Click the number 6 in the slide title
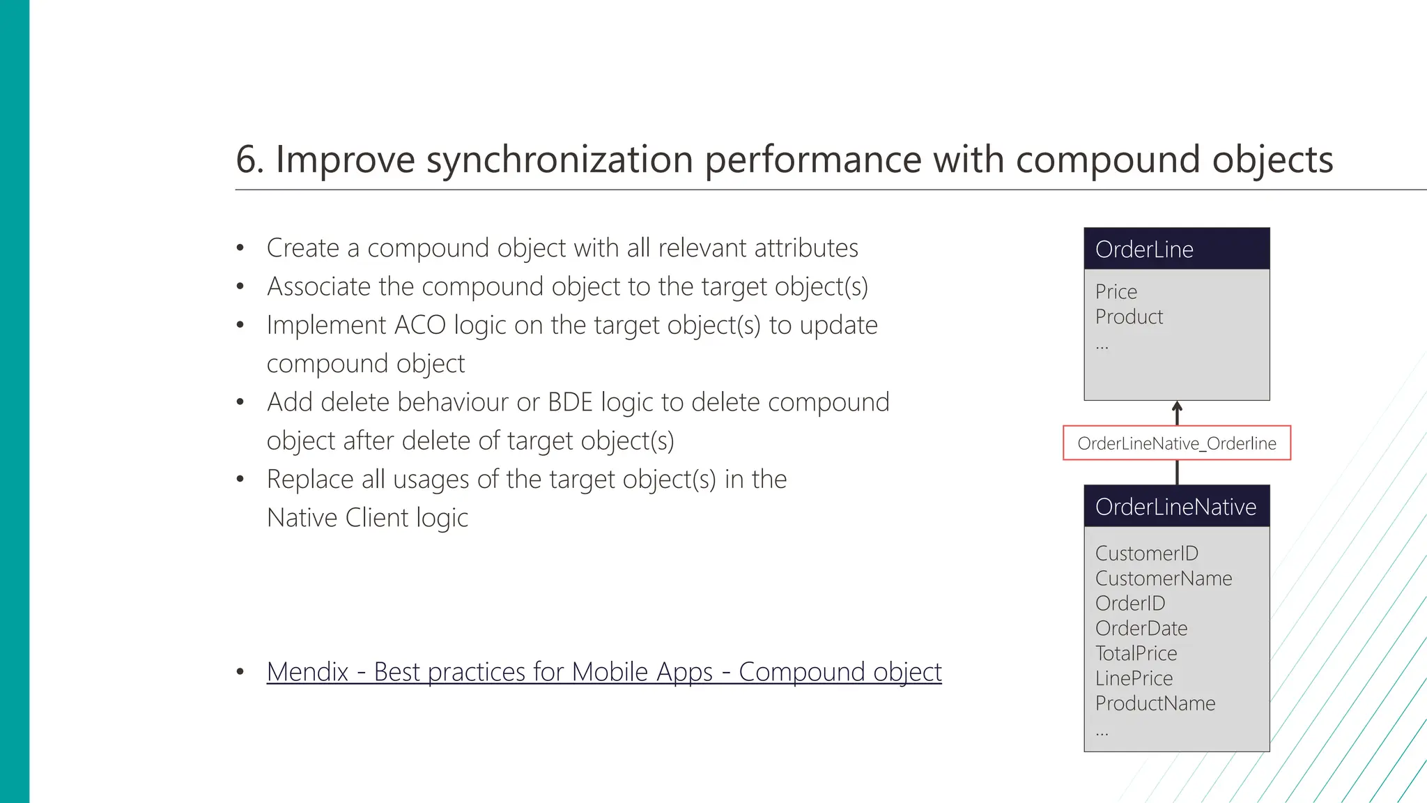pyautogui.click(x=246, y=160)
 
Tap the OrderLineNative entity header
pyautogui.click(x=1176, y=507)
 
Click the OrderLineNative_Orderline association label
pyautogui.click(x=1176, y=443)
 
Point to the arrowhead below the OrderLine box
pyautogui.click(x=1177, y=406)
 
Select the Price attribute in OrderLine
pyautogui.click(x=1116, y=291)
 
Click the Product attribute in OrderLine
pyautogui.click(x=1129, y=316)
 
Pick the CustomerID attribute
pyautogui.click(x=1146, y=553)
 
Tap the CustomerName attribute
pyautogui.click(x=1163, y=579)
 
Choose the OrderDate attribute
pyautogui.click(x=1141, y=629)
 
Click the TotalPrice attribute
pyautogui.click(x=1136, y=654)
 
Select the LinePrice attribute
pyautogui.click(x=1134, y=679)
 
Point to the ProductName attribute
pyautogui.click(x=1155, y=704)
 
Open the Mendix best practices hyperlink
pyautogui.click(x=603, y=672)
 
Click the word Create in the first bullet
pyautogui.click(x=302, y=248)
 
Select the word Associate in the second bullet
pyautogui.click(x=318, y=286)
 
